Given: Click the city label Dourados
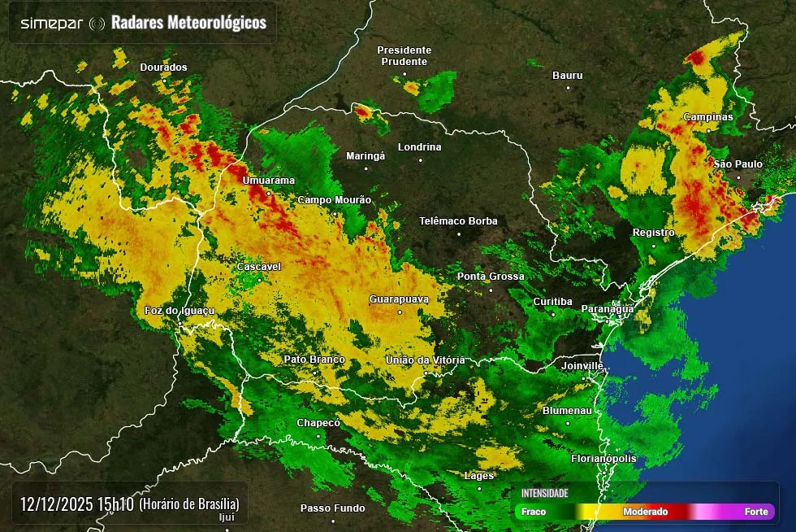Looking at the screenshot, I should [163, 68].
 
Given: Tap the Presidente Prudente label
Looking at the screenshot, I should [404, 55].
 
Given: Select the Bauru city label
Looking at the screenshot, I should [568, 76].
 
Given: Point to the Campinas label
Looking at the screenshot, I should [707, 117].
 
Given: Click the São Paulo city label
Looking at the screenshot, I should [738, 164].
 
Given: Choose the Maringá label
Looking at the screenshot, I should [365, 155].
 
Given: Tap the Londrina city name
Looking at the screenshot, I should [419, 147].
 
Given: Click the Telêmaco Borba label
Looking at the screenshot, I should [458, 220].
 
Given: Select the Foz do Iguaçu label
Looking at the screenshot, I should [179, 311].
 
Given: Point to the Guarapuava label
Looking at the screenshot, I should [398, 299].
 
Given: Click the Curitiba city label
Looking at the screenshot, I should [552, 302].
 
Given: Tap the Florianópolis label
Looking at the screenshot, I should [603, 459].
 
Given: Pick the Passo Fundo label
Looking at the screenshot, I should [332, 508].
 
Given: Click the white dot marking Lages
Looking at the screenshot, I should [479, 488].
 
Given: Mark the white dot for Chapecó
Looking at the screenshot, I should [318, 436].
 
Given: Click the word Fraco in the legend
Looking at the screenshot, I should [534, 512].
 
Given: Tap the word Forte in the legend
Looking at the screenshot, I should [756, 512].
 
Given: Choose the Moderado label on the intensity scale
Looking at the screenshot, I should [645, 512].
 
